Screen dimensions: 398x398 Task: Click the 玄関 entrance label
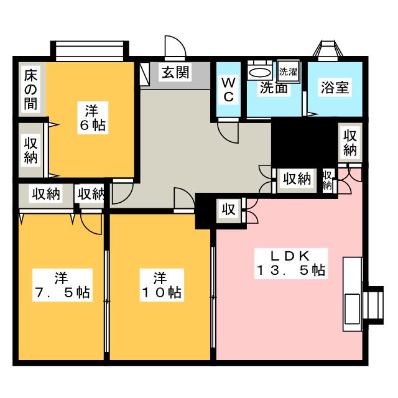(x=175, y=72)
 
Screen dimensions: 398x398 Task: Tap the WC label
(x=228, y=90)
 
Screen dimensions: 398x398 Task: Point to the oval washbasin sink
(x=259, y=73)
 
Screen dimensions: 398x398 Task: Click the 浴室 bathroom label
(x=335, y=87)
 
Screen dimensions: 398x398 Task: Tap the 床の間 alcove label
(x=30, y=90)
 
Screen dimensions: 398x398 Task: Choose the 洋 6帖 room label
(x=93, y=118)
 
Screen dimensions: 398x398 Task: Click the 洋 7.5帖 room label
(x=62, y=285)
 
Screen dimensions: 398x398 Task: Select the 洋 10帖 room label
(x=162, y=285)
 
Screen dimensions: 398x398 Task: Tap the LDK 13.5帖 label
(x=291, y=263)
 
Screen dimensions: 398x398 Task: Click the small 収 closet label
(x=229, y=210)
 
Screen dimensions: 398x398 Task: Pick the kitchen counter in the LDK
(x=353, y=294)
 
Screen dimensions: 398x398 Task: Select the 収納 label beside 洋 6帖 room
(x=30, y=150)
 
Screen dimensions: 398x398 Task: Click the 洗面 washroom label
(x=274, y=88)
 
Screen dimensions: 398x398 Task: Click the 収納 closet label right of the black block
(x=350, y=143)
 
